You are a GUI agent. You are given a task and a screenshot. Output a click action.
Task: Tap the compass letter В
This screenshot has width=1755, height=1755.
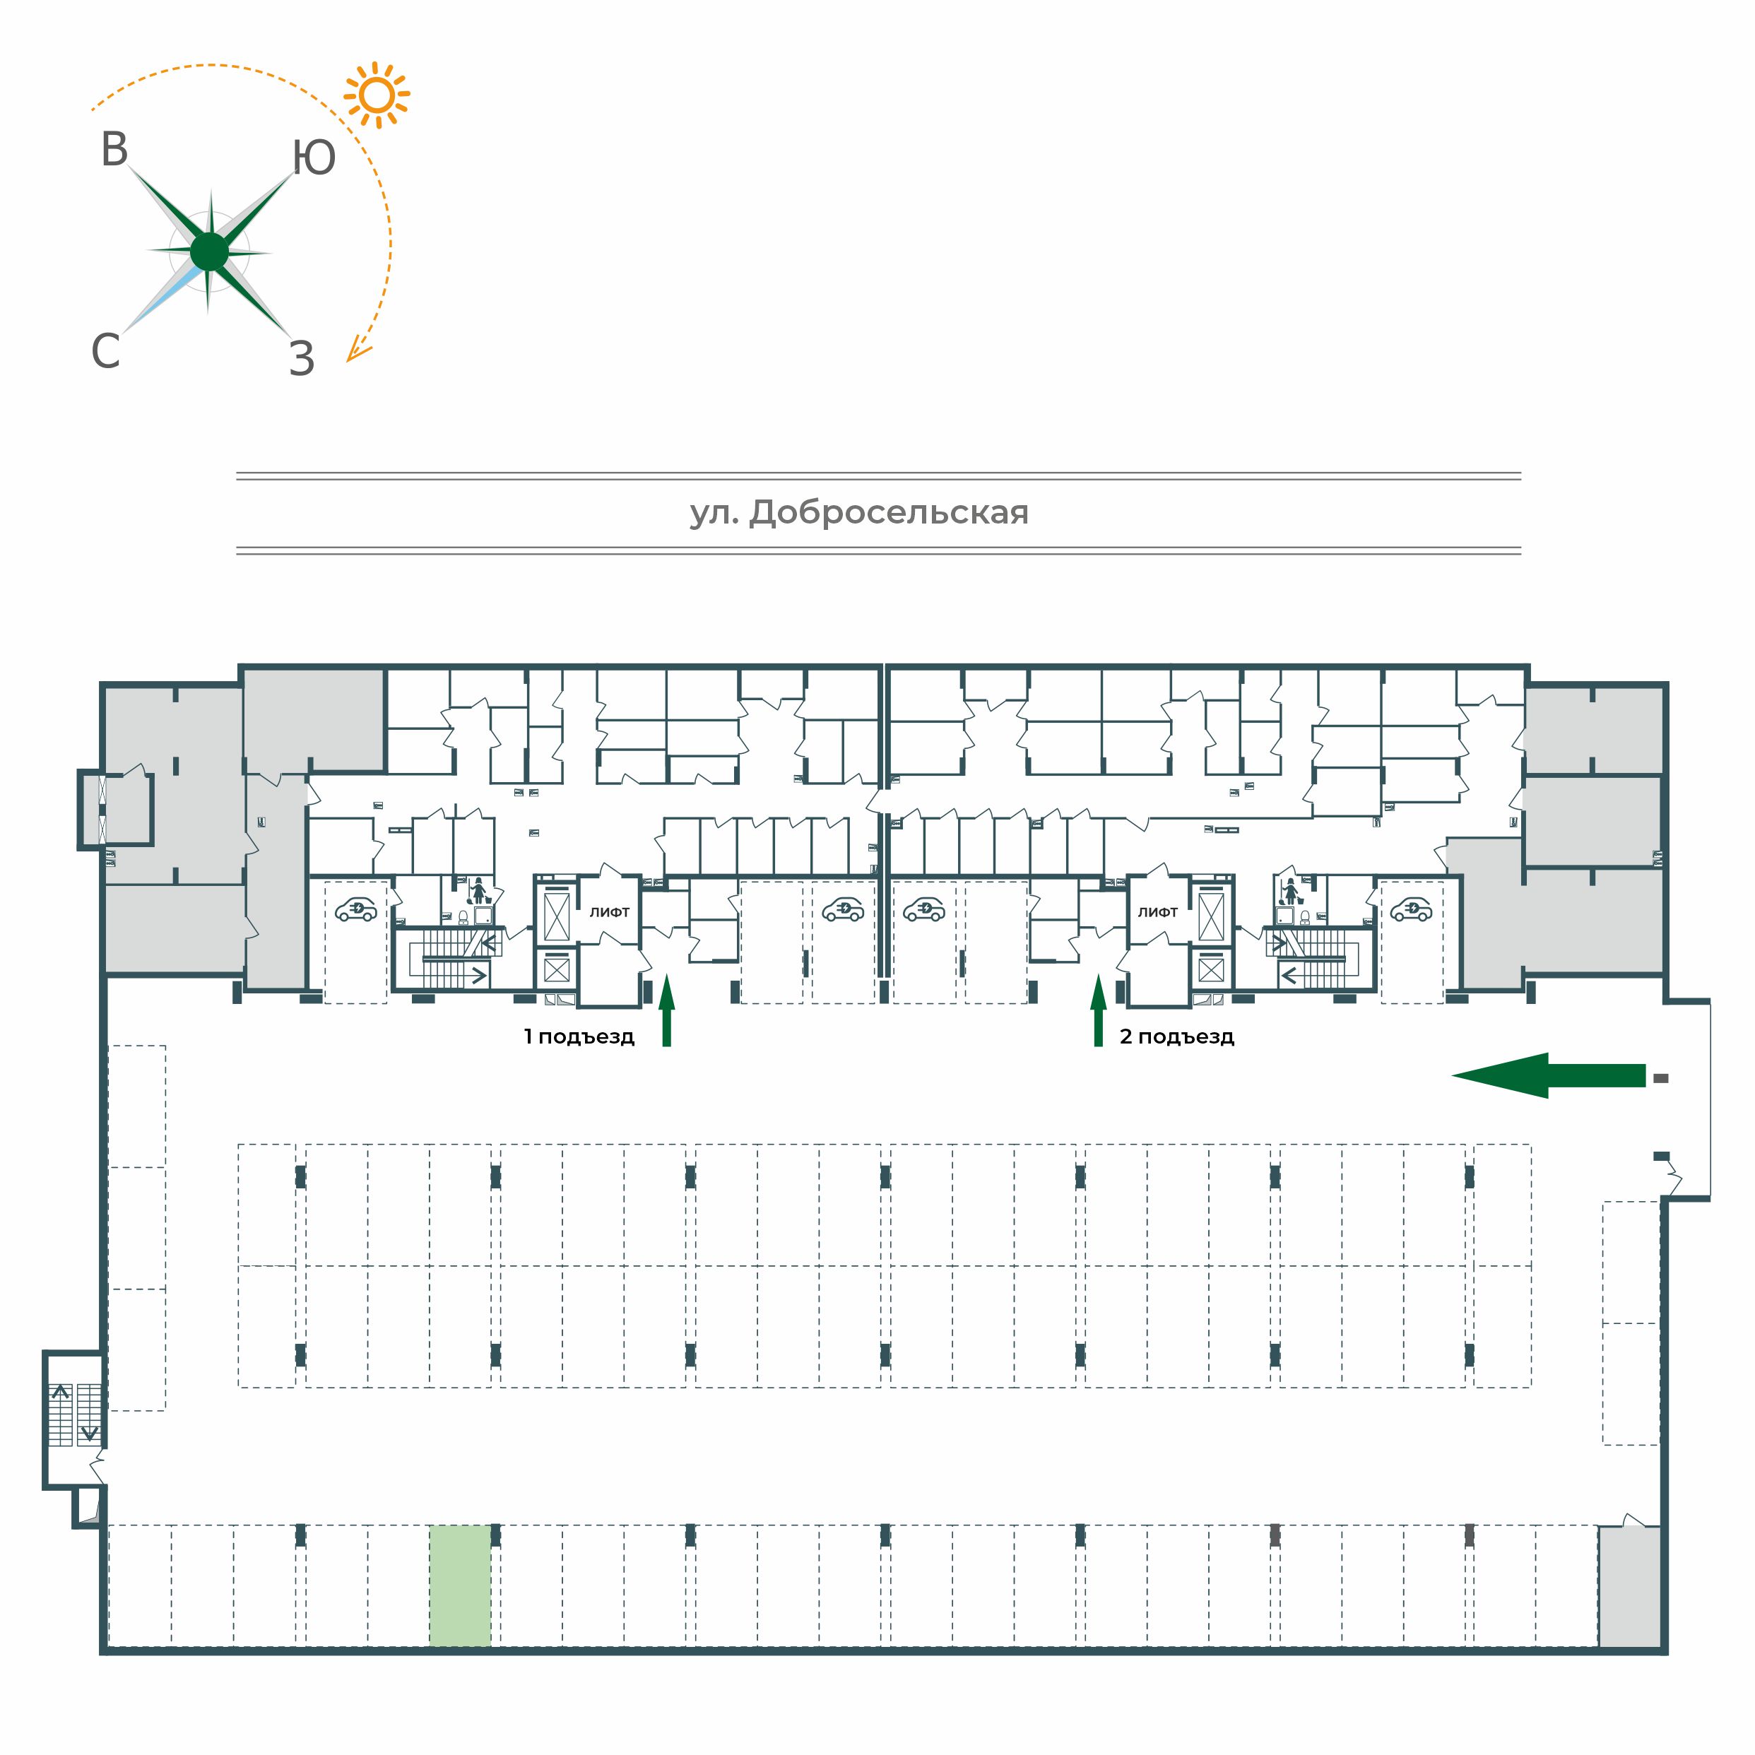[x=114, y=150]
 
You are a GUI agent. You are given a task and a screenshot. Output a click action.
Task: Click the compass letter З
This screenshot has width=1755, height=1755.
[x=302, y=359]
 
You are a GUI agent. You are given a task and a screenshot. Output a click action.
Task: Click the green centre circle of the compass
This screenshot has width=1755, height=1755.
[x=210, y=252]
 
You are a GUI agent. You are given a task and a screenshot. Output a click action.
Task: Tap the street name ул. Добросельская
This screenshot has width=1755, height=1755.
[x=859, y=513]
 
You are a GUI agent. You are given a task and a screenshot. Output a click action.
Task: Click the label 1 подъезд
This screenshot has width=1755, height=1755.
[x=579, y=1036]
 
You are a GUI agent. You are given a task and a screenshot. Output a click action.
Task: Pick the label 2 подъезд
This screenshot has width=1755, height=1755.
[x=1176, y=1036]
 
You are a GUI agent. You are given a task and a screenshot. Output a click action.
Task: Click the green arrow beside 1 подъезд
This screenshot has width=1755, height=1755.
[x=667, y=1010]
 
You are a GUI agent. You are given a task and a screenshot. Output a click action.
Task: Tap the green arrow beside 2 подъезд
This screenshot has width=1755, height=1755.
[x=1098, y=1010]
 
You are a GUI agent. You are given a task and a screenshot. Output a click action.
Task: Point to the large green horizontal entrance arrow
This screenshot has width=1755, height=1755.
[x=1548, y=1075]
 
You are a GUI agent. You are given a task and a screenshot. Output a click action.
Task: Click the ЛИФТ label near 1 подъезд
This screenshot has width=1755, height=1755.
[x=610, y=912]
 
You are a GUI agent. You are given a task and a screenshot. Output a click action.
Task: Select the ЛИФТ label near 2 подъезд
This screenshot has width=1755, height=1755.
[x=1157, y=912]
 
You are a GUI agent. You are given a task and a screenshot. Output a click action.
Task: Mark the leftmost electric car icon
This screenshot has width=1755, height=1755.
[x=356, y=909]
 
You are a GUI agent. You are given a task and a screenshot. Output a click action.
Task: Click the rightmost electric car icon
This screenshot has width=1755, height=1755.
[x=1411, y=909]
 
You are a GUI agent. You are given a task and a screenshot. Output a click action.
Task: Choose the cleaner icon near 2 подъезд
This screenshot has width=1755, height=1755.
[x=1288, y=891]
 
